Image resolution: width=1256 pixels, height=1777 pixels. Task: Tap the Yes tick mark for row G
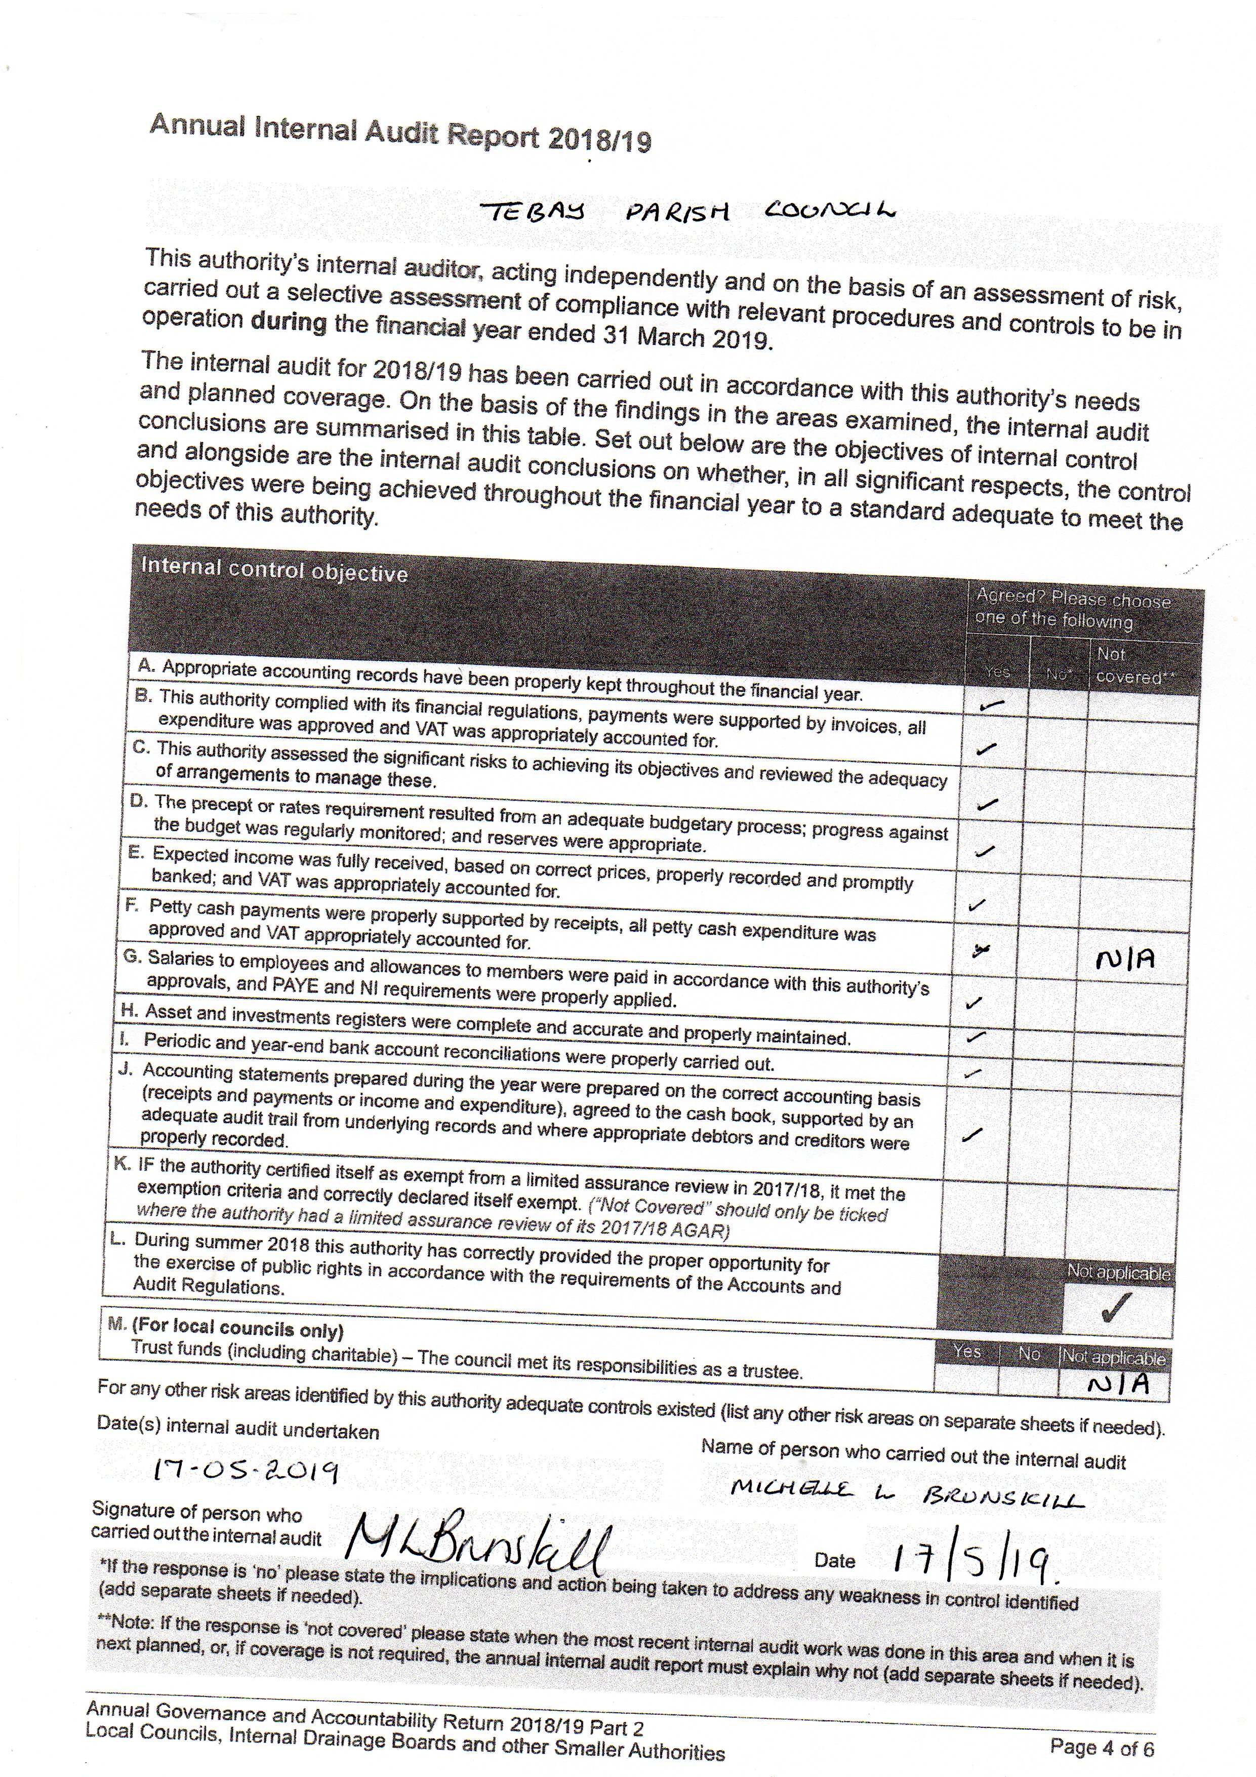(x=974, y=1003)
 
